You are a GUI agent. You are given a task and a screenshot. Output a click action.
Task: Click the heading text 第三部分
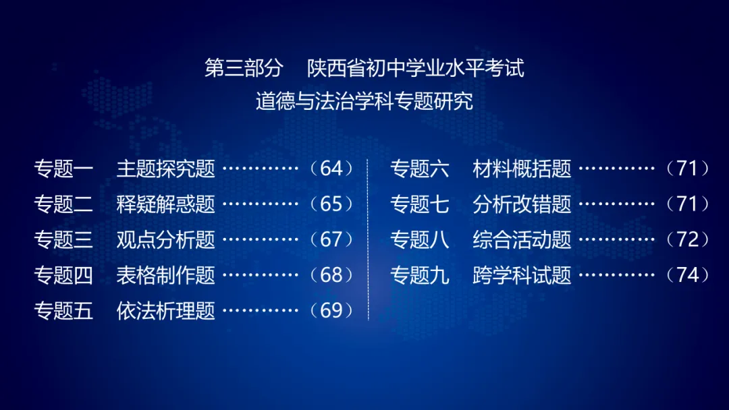[x=243, y=69]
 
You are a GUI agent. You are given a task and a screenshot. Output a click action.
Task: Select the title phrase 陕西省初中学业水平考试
[x=416, y=69]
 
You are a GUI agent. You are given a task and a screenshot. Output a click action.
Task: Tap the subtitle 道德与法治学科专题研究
[x=364, y=102]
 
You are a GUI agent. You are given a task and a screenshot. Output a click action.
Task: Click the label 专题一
[x=63, y=169]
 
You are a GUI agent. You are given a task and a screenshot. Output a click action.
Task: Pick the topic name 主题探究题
[x=165, y=169]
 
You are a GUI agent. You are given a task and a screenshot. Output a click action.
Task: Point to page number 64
[x=331, y=169]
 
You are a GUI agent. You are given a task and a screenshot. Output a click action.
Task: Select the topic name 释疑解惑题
[x=165, y=204]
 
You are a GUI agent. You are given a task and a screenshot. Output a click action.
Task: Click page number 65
[x=331, y=204]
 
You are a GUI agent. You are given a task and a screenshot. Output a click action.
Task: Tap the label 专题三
[x=63, y=239]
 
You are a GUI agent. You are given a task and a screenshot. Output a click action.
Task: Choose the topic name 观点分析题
[x=165, y=239]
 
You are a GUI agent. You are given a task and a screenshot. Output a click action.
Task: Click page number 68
[x=331, y=275]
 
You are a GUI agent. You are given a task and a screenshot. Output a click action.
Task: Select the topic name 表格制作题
[x=165, y=275]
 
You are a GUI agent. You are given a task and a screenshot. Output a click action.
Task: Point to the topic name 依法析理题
[x=165, y=311]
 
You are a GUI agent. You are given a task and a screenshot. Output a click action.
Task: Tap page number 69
[x=331, y=311]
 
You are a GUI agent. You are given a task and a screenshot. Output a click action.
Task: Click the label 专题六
[x=420, y=169]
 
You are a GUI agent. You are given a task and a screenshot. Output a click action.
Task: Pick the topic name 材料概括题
[x=522, y=169]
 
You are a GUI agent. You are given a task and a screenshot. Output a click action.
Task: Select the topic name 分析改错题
[x=522, y=204]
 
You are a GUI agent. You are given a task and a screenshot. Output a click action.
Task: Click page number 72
[x=688, y=239]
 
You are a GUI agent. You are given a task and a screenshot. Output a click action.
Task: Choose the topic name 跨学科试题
[x=522, y=275]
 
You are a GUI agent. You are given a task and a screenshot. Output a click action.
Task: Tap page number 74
[x=688, y=275]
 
